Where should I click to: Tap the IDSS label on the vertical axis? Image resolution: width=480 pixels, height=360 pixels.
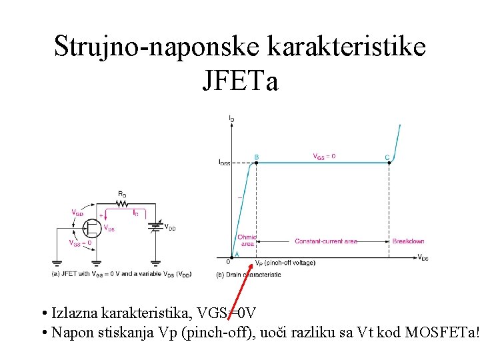coord(224,162)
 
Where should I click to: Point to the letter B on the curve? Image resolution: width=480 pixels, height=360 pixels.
coord(257,157)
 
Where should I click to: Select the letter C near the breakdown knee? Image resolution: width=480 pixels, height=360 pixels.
coord(387,157)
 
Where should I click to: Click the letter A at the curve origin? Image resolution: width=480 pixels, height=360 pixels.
coord(235,254)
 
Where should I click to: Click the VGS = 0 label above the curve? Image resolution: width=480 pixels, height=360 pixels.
coord(325,156)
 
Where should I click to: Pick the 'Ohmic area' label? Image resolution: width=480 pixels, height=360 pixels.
coord(247,241)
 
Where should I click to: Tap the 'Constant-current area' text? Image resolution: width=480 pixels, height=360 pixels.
coord(326,241)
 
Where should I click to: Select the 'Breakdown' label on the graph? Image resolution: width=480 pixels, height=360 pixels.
coord(408,241)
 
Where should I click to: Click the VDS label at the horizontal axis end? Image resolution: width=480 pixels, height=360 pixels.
coord(423,258)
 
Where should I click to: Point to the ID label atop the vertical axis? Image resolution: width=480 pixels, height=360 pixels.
coord(231,118)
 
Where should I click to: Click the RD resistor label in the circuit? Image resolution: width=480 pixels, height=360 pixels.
coord(122,194)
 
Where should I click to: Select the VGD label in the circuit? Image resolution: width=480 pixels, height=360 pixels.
coord(78,213)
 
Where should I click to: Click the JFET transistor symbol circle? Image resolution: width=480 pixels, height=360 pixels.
coord(92,228)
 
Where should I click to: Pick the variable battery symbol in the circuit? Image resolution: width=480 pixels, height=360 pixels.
coord(156,227)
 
